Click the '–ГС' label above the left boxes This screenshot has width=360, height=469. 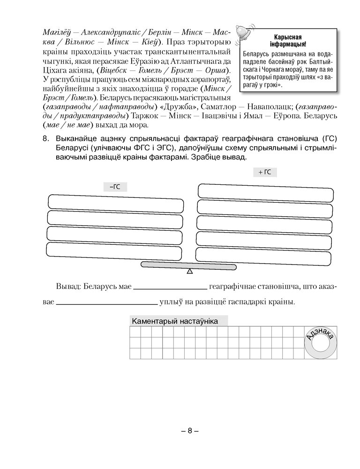115,186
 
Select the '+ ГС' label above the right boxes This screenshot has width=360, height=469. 265,172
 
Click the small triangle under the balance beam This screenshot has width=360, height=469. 189,272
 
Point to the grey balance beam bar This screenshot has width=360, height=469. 189,265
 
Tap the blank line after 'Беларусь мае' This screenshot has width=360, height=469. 170,288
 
